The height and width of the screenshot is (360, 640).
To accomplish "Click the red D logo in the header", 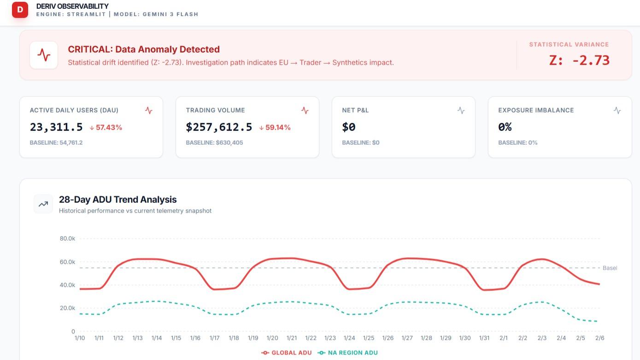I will (20, 10).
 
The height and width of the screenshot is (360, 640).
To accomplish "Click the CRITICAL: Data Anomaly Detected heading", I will (143, 49).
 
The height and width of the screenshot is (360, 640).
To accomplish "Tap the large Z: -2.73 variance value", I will (579, 60).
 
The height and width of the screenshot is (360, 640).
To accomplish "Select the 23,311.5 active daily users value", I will (56, 127).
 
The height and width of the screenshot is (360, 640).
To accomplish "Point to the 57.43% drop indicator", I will (106, 128).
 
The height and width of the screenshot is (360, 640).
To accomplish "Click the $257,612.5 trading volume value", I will (219, 127).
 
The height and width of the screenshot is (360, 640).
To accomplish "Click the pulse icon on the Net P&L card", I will (461, 111).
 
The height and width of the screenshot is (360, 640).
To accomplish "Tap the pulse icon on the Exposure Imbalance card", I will (617, 111).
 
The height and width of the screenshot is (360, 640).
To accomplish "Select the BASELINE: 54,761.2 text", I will (56, 143).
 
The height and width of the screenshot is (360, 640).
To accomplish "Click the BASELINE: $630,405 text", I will (215, 143).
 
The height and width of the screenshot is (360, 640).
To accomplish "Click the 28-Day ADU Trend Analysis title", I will (117, 200).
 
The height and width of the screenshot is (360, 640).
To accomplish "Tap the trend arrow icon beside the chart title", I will (43, 204).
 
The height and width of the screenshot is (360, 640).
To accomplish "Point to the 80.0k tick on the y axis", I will (67, 239).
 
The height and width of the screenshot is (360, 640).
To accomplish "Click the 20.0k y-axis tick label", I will (67, 308).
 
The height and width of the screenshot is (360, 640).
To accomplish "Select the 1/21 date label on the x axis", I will (291, 338).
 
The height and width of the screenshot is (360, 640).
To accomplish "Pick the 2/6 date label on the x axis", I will (599, 338).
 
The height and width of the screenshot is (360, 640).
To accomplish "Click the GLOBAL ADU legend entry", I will (287, 353).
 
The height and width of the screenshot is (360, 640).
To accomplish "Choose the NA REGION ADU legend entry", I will (347, 353).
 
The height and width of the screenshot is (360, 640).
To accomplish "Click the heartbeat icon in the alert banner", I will (44, 55).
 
